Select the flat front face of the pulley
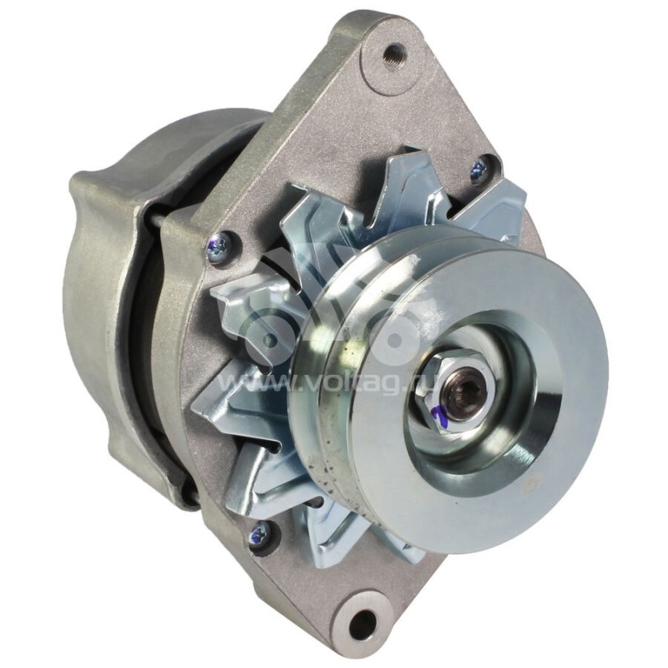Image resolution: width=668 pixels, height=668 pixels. tap(534, 351)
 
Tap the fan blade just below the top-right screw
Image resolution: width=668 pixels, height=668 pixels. tap(493, 209)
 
